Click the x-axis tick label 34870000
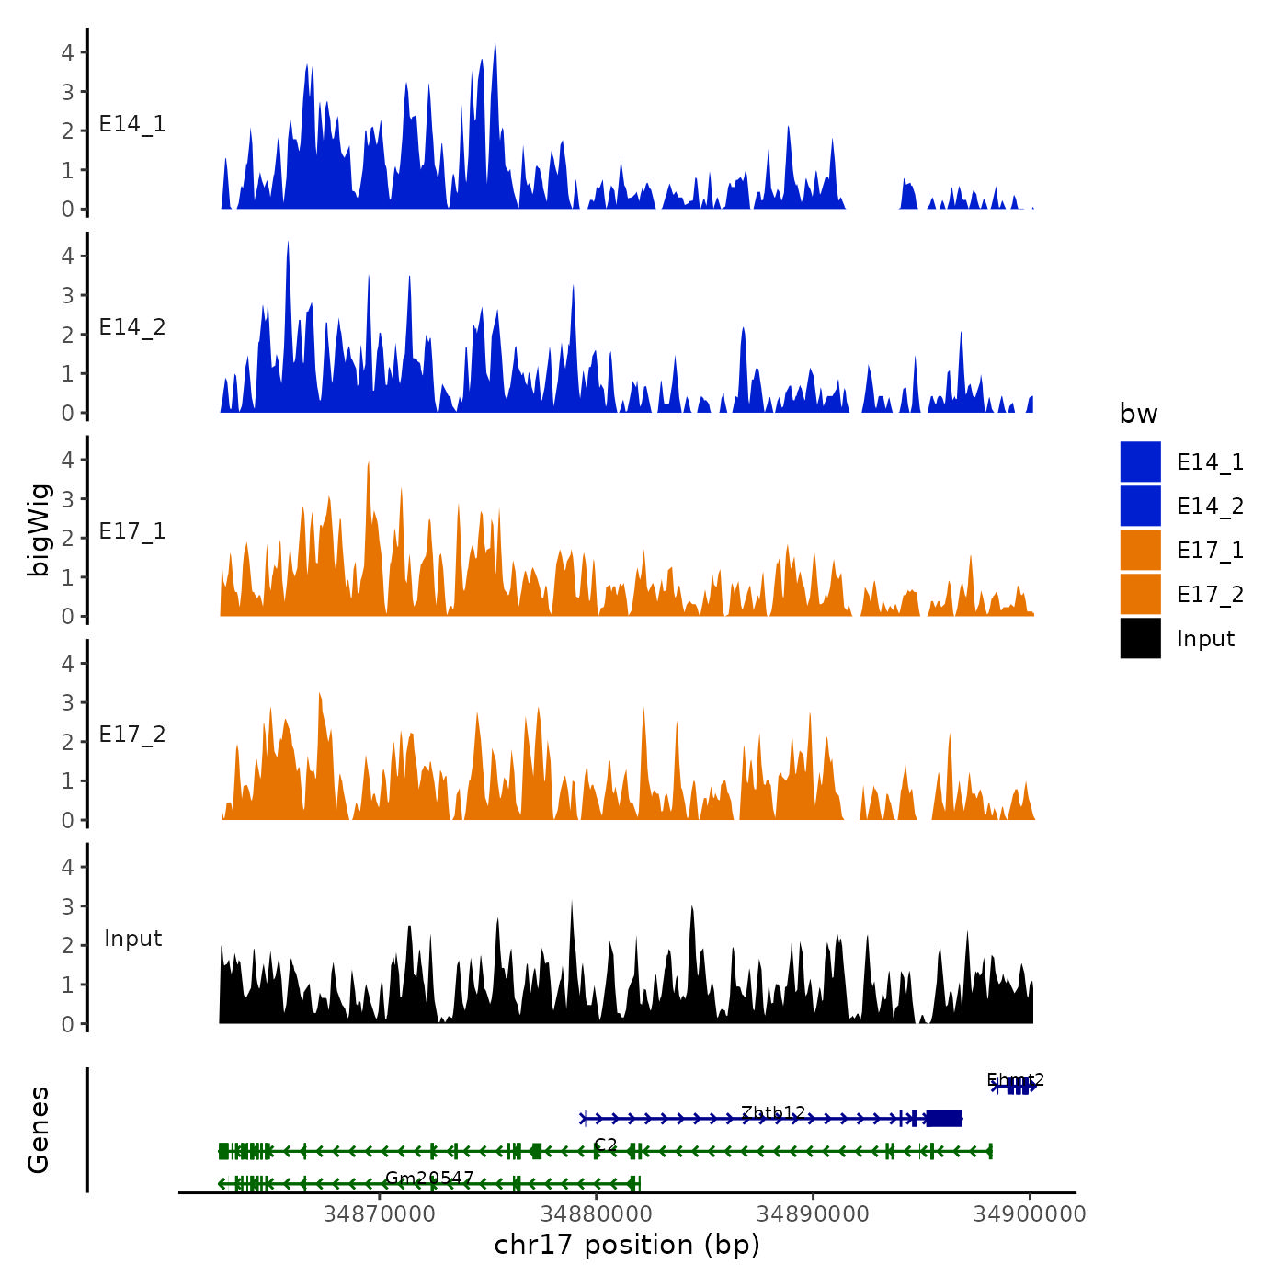(379, 1213)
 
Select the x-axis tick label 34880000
(596, 1213)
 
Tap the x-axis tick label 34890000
(813, 1213)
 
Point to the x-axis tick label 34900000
(1030, 1213)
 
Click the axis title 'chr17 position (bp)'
(627, 1245)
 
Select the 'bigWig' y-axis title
(39, 530)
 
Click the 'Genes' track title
(39, 1130)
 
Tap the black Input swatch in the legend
(1140, 638)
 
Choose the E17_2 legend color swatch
(1140, 594)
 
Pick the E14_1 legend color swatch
(1140, 461)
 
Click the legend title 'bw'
(1138, 414)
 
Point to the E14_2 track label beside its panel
(132, 327)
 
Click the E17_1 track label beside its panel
(132, 530)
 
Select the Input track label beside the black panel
(132, 939)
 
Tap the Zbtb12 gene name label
(773, 1113)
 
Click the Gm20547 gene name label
(429, 1178)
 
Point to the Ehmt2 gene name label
(1015, 1080)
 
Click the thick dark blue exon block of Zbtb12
(944, 1119)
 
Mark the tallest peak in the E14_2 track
(288, 245)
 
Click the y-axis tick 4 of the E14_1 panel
(67, 52)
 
